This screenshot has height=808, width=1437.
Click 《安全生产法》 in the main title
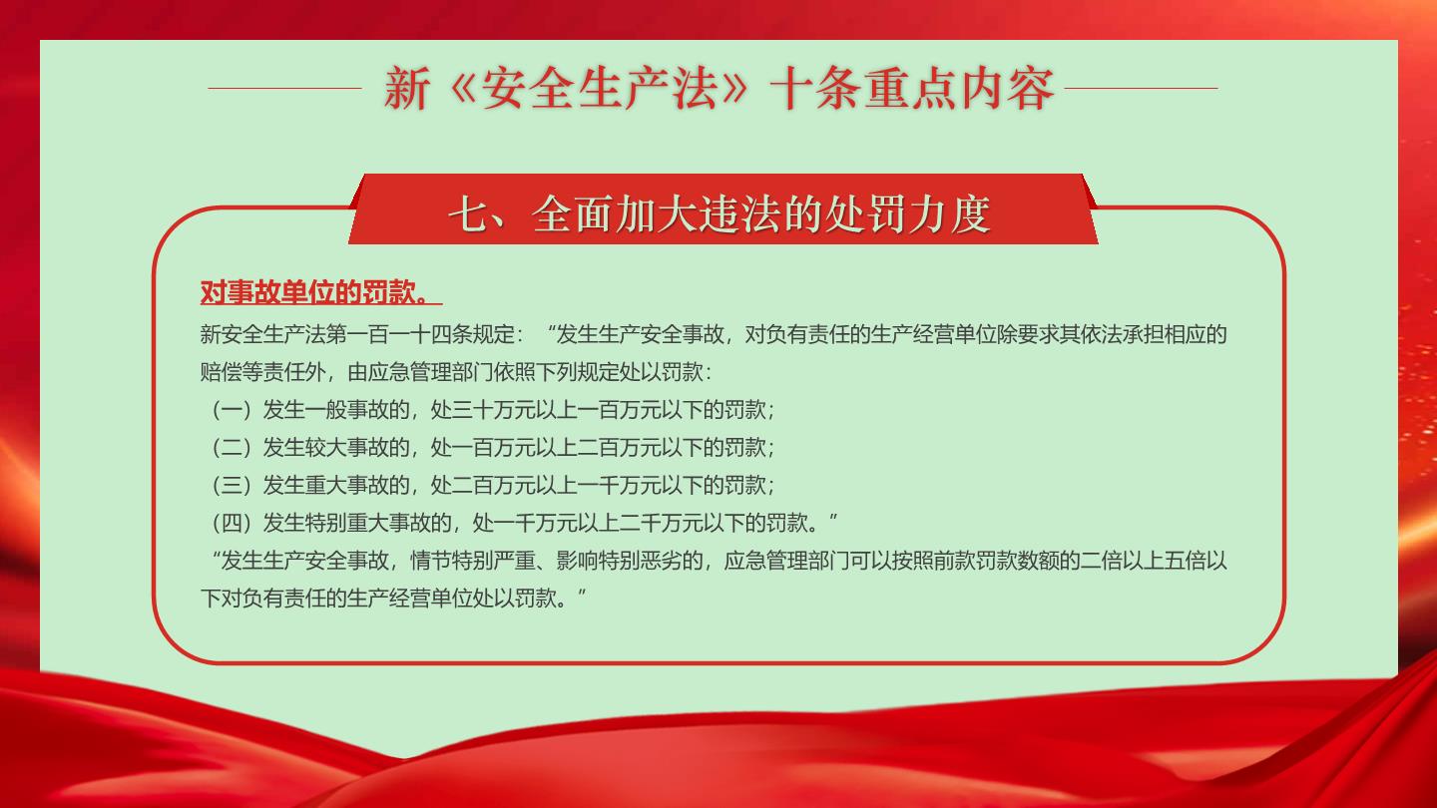pos(599,89)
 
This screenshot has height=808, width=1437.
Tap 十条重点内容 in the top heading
pos(912,89)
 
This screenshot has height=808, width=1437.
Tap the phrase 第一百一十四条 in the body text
pos(399,334)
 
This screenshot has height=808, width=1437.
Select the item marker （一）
pos(232,410)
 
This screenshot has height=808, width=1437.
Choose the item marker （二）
pos(232,448)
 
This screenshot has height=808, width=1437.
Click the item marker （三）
pos(232,486)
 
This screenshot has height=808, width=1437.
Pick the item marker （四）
pos(232,524)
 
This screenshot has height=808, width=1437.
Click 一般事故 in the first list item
pos(346,410)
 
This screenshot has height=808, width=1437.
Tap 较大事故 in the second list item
pos(346,448)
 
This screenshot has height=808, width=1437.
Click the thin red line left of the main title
pos(284,89)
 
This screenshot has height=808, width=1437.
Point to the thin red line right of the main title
pos(1141,89)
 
